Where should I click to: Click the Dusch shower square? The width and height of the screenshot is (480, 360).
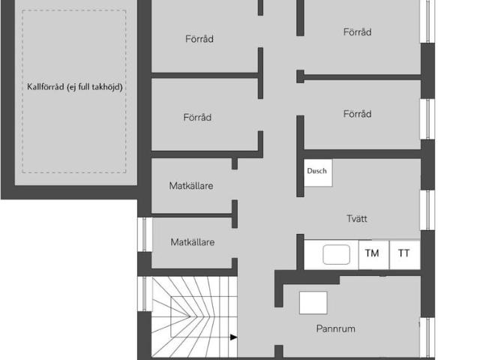pos(318,172)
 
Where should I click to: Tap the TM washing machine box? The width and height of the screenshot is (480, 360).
pos(373,255)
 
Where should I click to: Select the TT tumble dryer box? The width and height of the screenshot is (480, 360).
pos(405,255)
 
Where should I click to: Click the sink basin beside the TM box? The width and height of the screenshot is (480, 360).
pos(336,254)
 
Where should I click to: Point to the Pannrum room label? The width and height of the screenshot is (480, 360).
pos(335,328)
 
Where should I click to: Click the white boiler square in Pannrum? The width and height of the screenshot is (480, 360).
pos(313,303)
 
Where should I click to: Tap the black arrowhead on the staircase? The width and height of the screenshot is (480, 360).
pos(233,337)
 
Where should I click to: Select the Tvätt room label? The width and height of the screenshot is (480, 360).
pos(357,218)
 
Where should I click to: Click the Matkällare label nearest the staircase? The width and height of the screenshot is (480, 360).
pos(193,242)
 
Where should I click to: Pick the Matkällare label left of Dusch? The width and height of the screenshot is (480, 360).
pos(191,185)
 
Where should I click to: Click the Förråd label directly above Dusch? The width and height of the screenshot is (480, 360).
pos(357,114)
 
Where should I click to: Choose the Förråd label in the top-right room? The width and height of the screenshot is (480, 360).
pos(357,31)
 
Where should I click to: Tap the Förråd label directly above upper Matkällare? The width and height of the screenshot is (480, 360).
pos(197,117)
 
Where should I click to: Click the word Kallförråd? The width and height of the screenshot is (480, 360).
pos(45,87)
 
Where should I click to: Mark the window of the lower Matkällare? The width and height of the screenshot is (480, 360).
pos(145,235)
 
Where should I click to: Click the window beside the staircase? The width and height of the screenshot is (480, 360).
pos(145,294)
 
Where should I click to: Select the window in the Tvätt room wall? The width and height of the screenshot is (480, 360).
pos(428,210)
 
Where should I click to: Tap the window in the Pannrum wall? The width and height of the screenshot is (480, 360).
pos(428,337)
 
